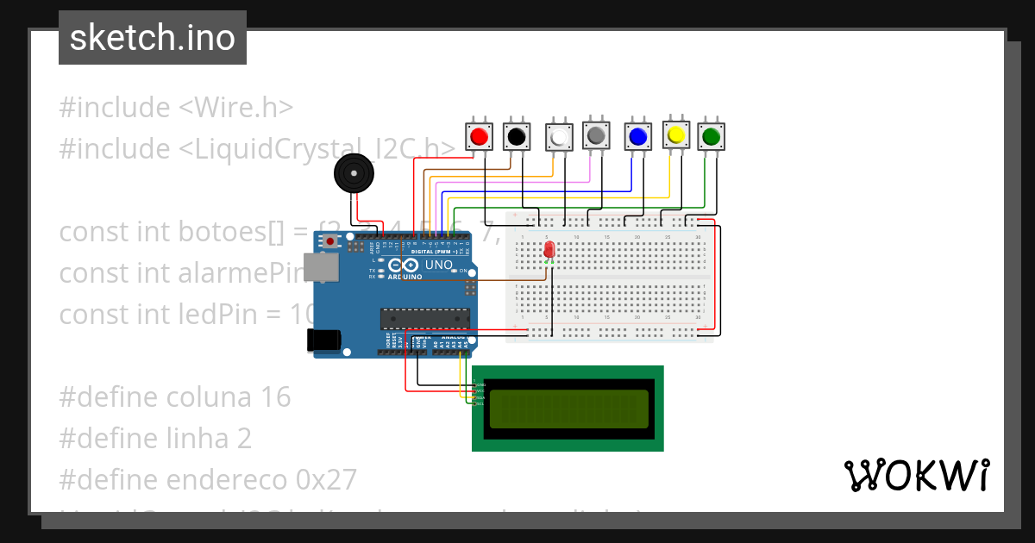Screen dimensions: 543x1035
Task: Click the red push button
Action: tap(480, 136)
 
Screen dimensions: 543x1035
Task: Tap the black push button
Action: tap(517, 136)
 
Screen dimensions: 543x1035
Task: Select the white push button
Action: tap(560, 137)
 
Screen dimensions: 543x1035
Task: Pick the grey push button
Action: tap(596, 134)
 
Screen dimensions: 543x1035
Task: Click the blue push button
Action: tap(638, 136)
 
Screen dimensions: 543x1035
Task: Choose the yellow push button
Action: tap(676, 134)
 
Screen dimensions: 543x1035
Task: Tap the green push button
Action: tap(711, 136)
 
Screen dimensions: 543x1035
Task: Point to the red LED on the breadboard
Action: tap(549, 250)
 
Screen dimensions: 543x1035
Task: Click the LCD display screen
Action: tap(568, 409)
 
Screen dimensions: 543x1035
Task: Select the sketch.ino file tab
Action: tap(153, 38)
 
